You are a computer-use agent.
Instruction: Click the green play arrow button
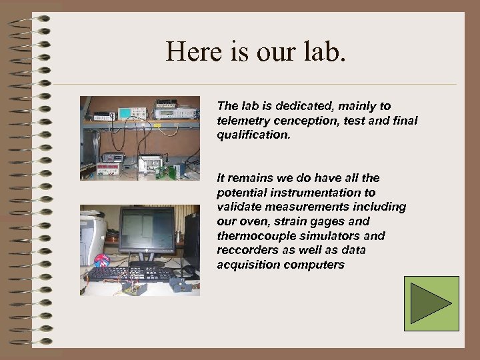431,303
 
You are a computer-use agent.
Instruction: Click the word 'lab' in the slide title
324,51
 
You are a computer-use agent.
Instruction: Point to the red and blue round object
102,260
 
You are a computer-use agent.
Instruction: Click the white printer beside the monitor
91,237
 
